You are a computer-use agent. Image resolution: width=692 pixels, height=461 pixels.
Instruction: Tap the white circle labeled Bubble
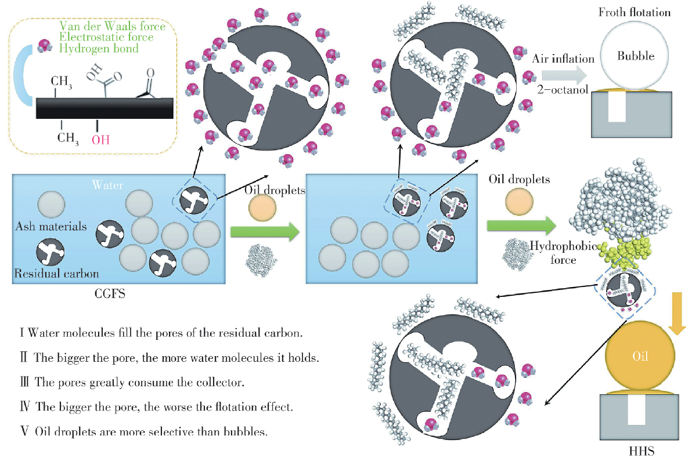click(x=635, y=57)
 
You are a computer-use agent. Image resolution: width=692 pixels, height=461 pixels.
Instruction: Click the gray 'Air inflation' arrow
click(x=562, y=74)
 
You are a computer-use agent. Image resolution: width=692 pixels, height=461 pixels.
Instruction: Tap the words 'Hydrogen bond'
click(x=99, y=48)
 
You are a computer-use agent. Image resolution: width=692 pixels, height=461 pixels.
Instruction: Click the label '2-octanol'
click(x=560, y=90)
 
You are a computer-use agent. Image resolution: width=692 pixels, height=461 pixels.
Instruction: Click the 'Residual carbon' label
click(x=57, y=273)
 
